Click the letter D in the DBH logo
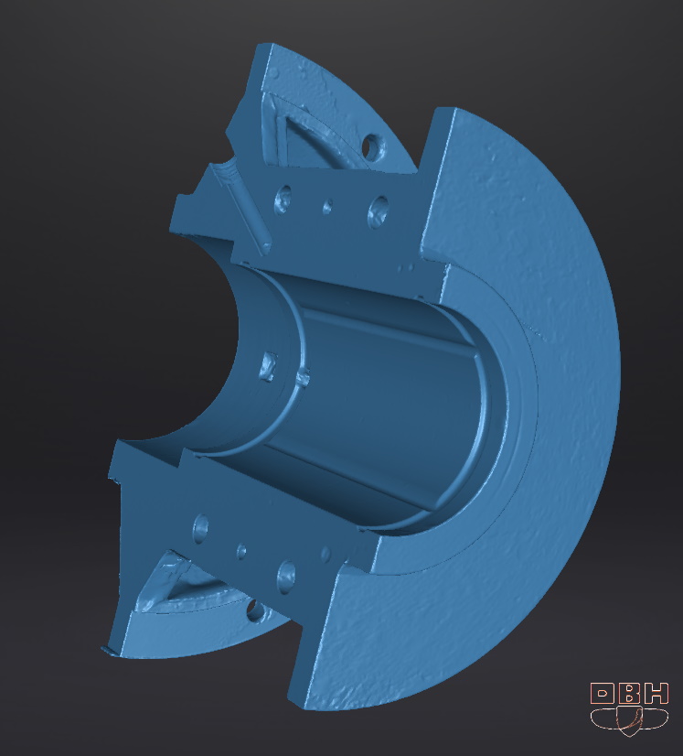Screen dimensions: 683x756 pyautogui.click(x=603, y=695)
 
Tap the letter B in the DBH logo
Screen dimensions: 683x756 pyautogui.click(x=630, y=695)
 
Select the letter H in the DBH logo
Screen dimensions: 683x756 pyautogui.click(x=656, y=695)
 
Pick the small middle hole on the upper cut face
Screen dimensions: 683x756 pyautogui.click(x=327, y=206)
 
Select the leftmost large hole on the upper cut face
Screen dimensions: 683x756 pyautogui.click(x=283, y=198)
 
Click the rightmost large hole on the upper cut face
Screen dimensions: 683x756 pyautogui.click(x=379, y=209)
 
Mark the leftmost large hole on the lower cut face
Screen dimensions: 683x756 pyautogui.click(x=200, y=525)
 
